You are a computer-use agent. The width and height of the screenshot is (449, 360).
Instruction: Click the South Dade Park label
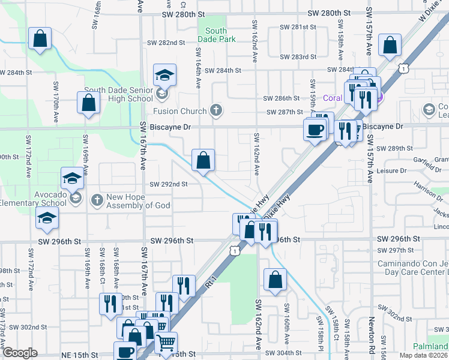click(215, 35)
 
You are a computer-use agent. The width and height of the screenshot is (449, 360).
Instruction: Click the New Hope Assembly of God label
click(139, 202)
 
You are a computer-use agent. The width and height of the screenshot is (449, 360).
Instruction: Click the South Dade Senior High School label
click(118, 94)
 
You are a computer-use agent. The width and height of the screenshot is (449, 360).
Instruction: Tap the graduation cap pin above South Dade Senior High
click(164, 75)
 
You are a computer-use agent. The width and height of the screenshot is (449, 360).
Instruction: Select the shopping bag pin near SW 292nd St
click(203, 160)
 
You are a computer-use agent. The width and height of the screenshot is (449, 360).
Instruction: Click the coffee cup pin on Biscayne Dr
click(315, 129)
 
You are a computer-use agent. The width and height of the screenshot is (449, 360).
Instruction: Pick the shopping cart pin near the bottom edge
click(166, 343)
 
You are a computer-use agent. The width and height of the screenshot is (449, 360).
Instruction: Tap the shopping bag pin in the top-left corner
click(40, 40)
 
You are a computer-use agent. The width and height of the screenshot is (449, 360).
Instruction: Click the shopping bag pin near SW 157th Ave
click(390, 45)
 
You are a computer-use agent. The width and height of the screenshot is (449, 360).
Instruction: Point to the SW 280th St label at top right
click(328, 13)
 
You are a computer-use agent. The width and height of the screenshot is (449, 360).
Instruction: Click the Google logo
click(20, 353)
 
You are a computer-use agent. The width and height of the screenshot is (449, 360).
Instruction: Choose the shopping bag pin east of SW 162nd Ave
click(275, 280)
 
